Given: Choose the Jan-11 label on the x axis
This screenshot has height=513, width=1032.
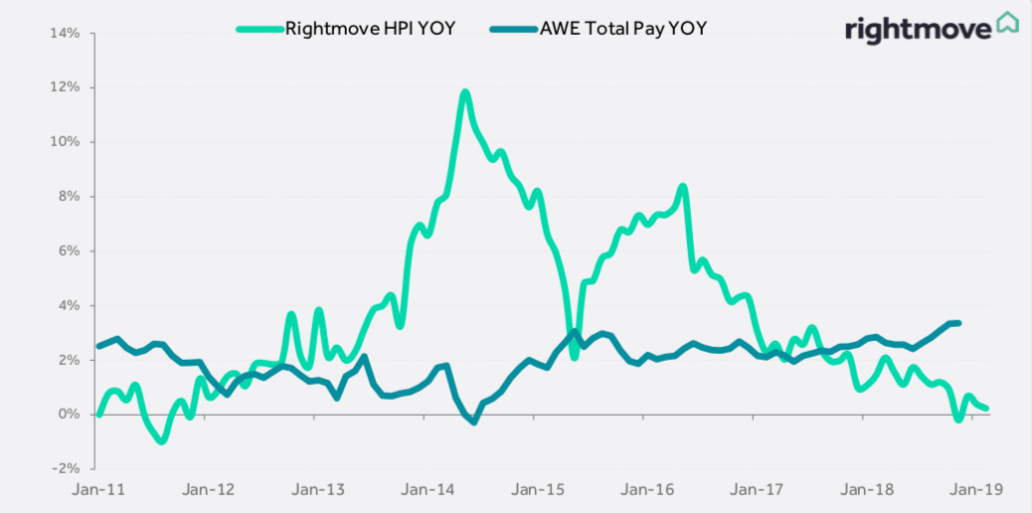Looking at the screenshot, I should (x=97, y=489).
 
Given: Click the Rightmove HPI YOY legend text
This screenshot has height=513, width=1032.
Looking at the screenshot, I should (x=370, y=28).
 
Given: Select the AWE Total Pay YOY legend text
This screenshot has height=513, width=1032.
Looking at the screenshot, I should (x=624, y=28).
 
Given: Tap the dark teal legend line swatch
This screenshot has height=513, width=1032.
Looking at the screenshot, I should (x=513, y=28).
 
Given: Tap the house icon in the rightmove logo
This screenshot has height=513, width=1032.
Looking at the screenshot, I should (x=1008, y=23).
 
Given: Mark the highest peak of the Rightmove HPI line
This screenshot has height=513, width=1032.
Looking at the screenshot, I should (x=464, y=93).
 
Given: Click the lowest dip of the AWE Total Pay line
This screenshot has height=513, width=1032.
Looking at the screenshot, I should (x=473, y=422).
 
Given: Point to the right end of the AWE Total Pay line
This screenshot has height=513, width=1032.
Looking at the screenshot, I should (x=957, y=323).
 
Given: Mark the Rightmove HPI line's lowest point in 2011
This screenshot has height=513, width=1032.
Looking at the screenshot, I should (x=161, y=440).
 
